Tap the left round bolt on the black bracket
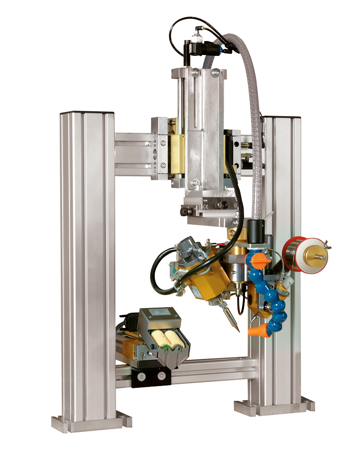tap(142, 377)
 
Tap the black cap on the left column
tap(87, 112)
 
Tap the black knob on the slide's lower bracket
tap(184, 211)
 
